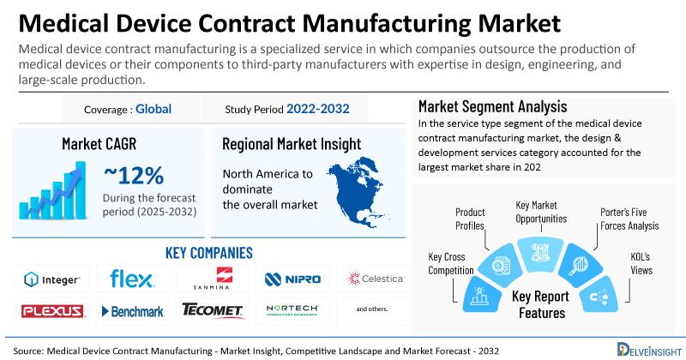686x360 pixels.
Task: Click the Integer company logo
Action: (x=52, y=279)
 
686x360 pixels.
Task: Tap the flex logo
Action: (x=132, y=279)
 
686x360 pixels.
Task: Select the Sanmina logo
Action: (x=212, y=279)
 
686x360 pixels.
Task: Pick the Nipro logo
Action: (x=292, y=279)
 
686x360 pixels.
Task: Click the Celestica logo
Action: (x=375, y=279)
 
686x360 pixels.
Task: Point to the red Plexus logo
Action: (x=52, y=311)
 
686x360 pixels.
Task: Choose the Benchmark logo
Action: (x=133, y=311)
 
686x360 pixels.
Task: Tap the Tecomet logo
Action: (x=212, y=309)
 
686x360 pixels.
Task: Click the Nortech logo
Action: (x=292, y=310)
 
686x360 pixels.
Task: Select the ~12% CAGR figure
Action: (x=134, y=176)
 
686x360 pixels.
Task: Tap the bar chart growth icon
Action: (x=52, y=190)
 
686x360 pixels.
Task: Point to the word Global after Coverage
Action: (x=153, y=109)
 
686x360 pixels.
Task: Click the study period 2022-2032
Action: (x=317, y=109)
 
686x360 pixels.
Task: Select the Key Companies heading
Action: (x=208, y=253)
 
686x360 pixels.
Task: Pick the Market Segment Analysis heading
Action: (x=492, y=107)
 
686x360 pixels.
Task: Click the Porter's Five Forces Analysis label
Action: (x=629, y=219)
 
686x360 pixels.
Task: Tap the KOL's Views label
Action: (x=641, y=263)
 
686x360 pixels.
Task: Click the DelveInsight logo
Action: (x=649, y=350)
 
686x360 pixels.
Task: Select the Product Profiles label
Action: (x=470, y=219)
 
